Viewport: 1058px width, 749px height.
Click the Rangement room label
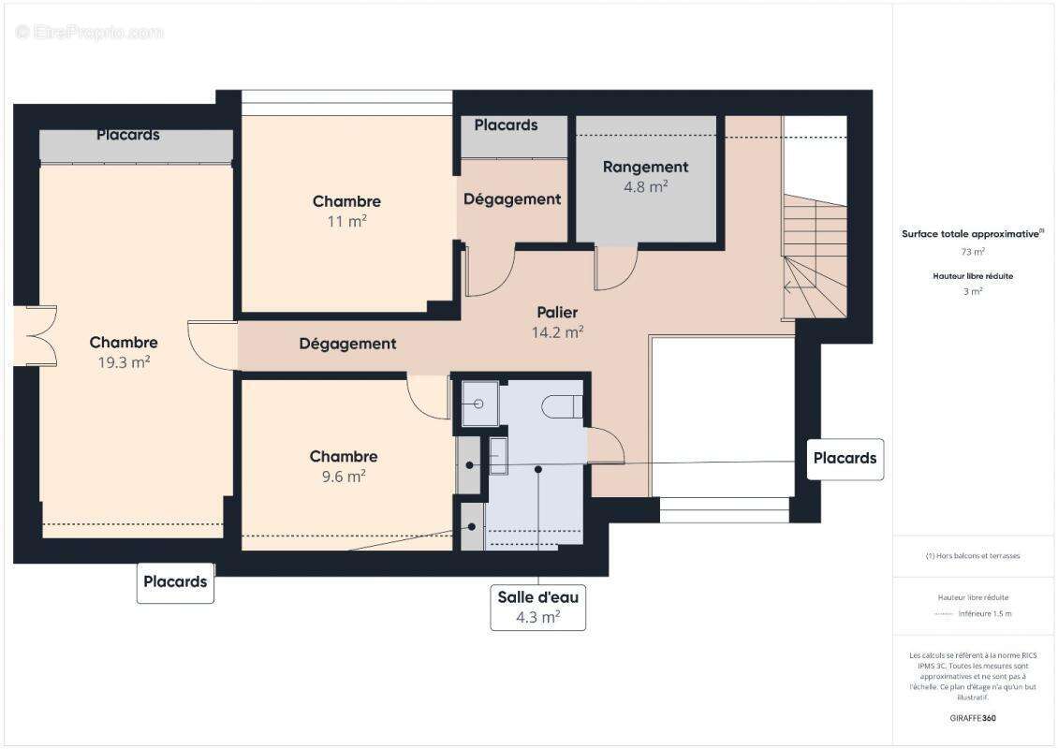[x=645, y=167]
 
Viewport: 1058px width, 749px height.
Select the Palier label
[x=557, y=312]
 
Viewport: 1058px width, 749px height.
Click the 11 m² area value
[x=346, y=222]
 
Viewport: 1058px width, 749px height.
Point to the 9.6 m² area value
[x=344, y=477]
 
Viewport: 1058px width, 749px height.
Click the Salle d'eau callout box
[x=538, y=607]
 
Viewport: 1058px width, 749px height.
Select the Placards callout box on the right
[x=845, y=459]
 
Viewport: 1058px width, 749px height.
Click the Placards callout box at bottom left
[x=175, y=581]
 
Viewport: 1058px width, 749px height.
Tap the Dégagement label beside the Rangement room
[x=512, y=198]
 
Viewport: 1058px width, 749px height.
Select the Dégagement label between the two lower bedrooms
[x=347, y=344]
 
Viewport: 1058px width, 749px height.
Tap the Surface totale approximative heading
[x=972, y=234]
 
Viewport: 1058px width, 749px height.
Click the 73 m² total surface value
[x=973, y=252]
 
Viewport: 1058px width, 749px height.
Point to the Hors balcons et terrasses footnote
[x=973, y=555]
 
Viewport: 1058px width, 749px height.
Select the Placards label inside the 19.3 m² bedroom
[x=128, y=135]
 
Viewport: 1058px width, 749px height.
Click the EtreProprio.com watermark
[x=90, y=32]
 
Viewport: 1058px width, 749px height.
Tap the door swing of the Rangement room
[x=616, y=267]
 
